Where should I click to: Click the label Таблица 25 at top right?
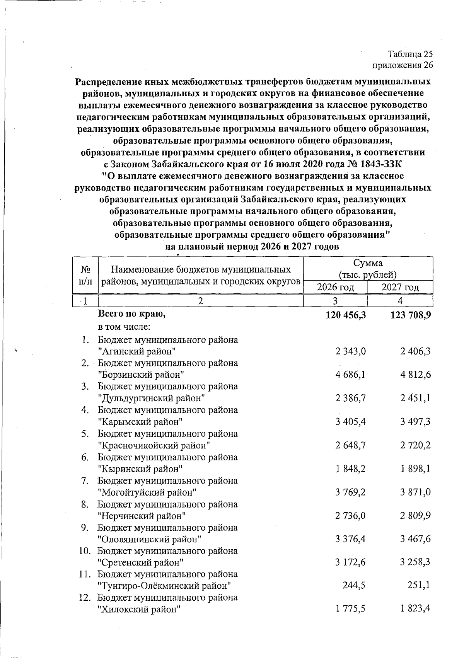click(410, 54)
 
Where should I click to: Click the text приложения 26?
click(403, 65)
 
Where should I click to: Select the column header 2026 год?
click(335, 287)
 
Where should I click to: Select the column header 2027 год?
click(400, 287)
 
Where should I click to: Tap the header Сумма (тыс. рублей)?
click(368, 269)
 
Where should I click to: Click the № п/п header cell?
click(85, 275)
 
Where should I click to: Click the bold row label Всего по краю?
click(132, 315)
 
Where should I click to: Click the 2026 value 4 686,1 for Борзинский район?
click(351, 375)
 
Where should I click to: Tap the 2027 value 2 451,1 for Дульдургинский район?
click(416, 398)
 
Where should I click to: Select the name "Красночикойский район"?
click(154, 445)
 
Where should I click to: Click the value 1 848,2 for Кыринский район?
click(351, 469)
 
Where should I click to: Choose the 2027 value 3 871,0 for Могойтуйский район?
click(416, 492)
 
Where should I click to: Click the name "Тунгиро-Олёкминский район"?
click(165, 586)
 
